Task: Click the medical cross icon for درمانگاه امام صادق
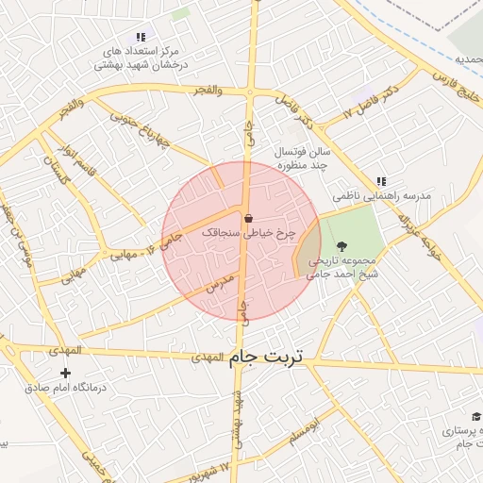pyautogui.click(x=65, y=374)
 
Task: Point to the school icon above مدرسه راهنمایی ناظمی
pyautogui.click(x=381, y=181)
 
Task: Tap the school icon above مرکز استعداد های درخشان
pyautogui.click(x=141, y=36)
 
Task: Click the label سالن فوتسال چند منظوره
pyautogui.click(x=304, y=158)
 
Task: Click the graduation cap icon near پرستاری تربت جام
pyautogui.click(x=476, y=416)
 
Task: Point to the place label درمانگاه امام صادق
pyautogui.click(x=65, y=388)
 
